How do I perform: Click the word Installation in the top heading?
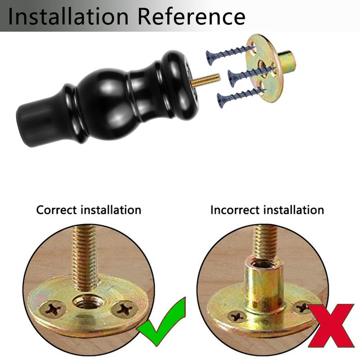point(68,16)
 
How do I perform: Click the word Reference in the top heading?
point(192,16)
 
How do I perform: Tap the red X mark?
point(331,325)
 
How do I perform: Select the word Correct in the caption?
point(56,210)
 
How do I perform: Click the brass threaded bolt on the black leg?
point(205,79)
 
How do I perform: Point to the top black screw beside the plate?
point(230,55)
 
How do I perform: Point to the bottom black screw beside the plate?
point(241,98)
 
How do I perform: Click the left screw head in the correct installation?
point(53,309)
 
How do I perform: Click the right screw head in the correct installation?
point(125,309)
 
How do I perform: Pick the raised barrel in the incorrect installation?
point(264,285)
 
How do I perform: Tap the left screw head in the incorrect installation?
point(237,317)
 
